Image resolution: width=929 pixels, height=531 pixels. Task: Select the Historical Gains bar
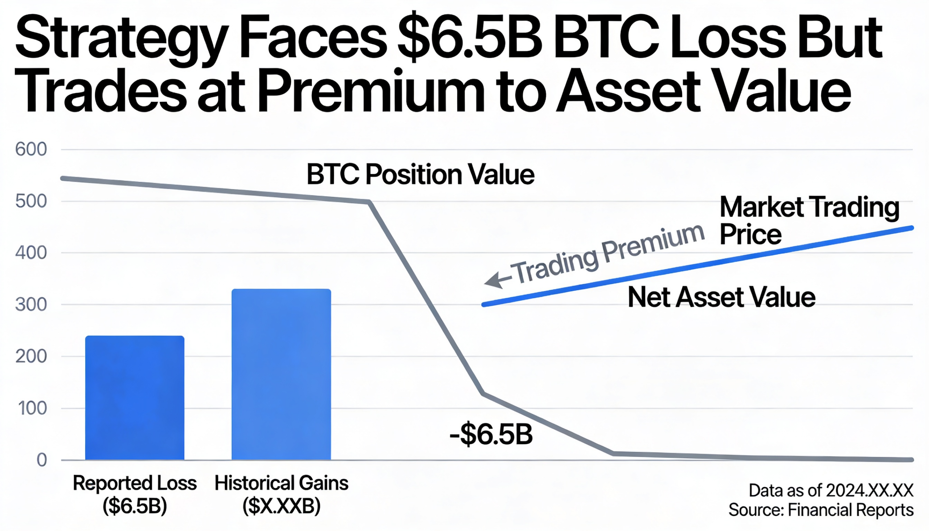(281, 374)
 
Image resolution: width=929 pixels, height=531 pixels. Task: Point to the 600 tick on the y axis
(31, 150)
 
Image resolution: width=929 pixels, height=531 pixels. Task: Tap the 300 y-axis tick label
(31, 305)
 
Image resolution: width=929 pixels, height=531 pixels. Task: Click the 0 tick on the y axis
(42, 460)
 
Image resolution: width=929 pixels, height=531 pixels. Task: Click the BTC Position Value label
(420, 175)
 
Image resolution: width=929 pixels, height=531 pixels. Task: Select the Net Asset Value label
(721, 297)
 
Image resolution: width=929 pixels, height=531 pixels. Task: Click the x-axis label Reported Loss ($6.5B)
(135, 494)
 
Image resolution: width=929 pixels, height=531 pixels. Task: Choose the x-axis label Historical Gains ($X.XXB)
(281, 494)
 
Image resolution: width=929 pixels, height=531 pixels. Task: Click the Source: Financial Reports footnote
(821, 510)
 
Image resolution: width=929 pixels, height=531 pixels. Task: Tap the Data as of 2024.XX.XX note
(831, 490)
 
